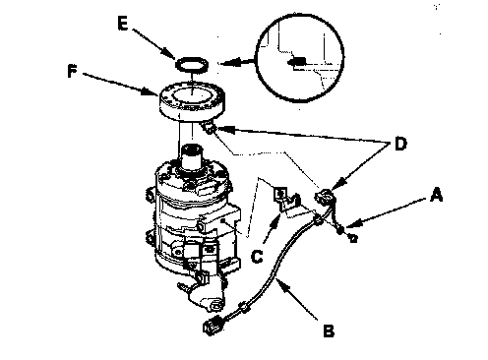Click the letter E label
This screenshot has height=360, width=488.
pos(123,24)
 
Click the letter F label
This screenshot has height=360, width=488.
pos(72,71)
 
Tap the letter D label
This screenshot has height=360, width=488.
pos(400,144)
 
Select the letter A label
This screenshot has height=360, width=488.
pos(436,195)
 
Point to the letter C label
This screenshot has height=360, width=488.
pos(257,256)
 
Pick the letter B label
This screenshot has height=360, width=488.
pos(329,330)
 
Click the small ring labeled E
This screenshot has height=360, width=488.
pos(192,64)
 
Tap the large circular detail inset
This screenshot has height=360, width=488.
pos(300,58)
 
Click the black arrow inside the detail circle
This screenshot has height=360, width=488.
pos(297,62)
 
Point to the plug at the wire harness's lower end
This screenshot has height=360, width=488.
pos(213,327)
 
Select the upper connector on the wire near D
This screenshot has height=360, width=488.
pos(324,197)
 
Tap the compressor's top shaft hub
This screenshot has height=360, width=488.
pos(192,157)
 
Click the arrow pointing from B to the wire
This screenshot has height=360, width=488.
pos(297,299)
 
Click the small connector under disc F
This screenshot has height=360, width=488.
pos(210,128)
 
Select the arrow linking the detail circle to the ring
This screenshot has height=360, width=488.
pos(237,61)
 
